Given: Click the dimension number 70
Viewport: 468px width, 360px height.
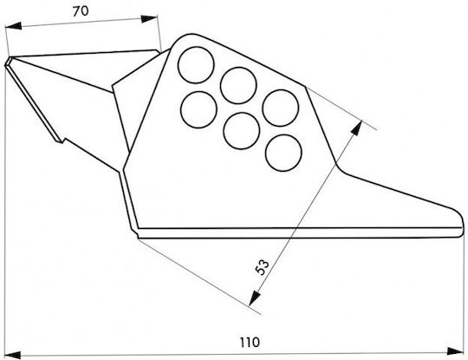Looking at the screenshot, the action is (81, 11).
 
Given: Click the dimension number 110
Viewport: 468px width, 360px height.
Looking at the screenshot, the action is (250, 343).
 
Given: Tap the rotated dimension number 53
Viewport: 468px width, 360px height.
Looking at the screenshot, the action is (263, 267).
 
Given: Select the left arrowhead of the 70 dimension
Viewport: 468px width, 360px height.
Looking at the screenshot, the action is (13, 26).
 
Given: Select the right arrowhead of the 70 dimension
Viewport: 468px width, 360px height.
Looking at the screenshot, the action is (149, 19).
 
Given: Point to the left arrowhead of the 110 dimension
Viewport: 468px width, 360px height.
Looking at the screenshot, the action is (12, 355).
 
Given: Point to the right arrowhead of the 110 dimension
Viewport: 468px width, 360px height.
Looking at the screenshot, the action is (455, 351).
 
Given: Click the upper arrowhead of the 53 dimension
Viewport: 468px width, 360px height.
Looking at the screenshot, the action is (357, 128).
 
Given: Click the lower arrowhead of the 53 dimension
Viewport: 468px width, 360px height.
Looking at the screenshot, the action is (254, 298).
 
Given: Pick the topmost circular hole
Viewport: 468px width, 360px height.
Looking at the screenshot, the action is (196, 65).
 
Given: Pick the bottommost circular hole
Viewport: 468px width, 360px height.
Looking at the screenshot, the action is (283, 153).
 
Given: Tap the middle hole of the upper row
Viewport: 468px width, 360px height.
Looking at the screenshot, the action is (238, 85).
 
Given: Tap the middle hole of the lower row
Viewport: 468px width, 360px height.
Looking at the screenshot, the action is (242, 131).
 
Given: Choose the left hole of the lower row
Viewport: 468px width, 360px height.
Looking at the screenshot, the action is (198, 109).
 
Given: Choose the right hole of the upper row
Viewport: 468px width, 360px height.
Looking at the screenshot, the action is (281, 108).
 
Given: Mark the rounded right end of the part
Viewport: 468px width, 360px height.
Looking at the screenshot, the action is (462, 223).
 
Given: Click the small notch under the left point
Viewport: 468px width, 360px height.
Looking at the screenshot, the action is (62, 141).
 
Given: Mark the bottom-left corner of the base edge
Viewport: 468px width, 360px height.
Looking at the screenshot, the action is (138, 237).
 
